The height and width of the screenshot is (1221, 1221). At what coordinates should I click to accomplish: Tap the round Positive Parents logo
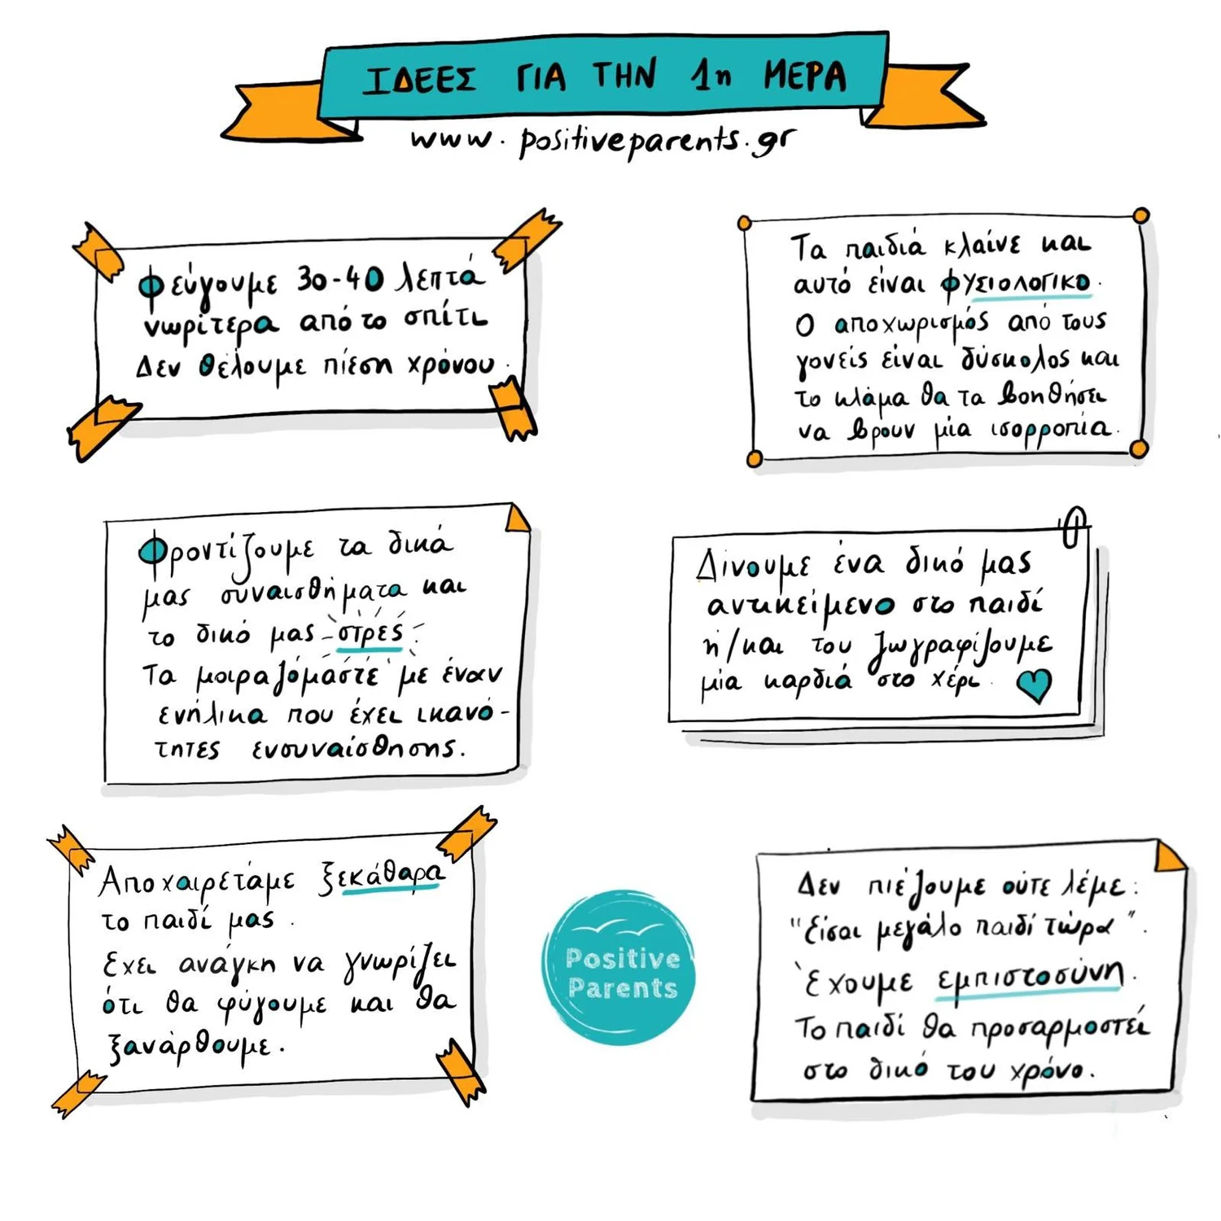(x=619, y=967)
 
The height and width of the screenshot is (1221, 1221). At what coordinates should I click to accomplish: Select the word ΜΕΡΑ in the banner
(x=804, y=76)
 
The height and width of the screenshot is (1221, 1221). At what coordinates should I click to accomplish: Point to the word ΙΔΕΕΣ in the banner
(x=420, y=80)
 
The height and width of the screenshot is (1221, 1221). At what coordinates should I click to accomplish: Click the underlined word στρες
(x=370, y=633)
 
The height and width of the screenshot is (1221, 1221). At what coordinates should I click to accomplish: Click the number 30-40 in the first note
(x=339, y=279)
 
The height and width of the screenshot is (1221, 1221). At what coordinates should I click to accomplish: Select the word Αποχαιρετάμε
(x=196, y=882)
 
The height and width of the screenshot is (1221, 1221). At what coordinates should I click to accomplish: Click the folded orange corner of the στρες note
(x=517, y=518)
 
